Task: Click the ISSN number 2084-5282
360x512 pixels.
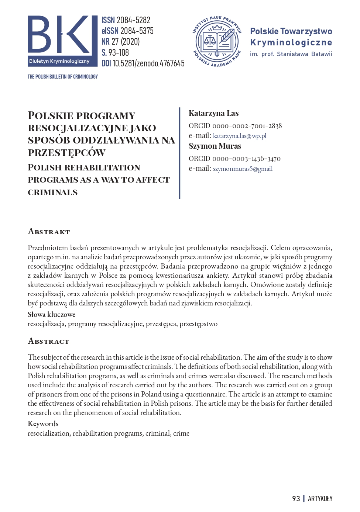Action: tap(133, 20)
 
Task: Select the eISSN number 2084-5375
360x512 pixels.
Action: tap(137, 31)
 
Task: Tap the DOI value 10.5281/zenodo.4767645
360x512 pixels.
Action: tap(148, 63)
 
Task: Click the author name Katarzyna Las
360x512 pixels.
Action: tap(214, 113)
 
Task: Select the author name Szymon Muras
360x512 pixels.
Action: tap(215, 146)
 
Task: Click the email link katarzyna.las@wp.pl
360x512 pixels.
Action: tap(240, 136)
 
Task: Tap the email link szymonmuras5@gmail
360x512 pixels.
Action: tap(243, 169)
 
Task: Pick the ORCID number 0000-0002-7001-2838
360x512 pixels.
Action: tap(247, 126)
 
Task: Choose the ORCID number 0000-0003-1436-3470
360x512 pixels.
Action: tap(246, 159)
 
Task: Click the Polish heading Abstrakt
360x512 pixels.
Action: tap(49, 232)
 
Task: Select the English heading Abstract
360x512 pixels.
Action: tap(48, 341)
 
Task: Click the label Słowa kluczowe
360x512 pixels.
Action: tap(51, 314)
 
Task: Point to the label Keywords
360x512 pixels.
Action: tap(43, 423)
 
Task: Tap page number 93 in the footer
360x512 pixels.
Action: tap(296, 499)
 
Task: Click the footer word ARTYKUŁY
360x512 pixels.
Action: tap(320, 499)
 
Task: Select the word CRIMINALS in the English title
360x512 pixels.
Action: tap(53, 192)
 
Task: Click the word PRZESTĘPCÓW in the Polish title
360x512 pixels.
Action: tap(66, 153)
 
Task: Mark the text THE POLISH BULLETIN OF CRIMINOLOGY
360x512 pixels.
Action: tap(63, 77)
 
